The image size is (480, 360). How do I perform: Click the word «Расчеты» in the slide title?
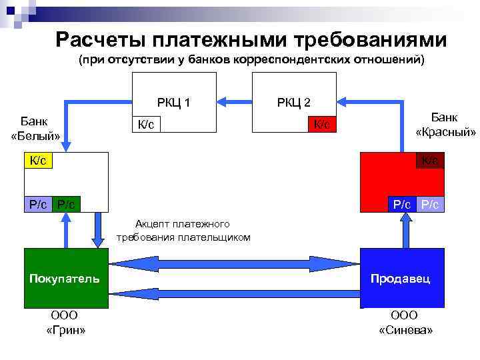[96, 39]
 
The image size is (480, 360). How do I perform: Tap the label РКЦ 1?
[174, 102]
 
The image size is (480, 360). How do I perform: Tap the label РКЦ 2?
[294, 102]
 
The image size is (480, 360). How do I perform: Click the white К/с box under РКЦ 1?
[147, 124]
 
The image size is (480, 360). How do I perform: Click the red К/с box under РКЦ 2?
[322, 124]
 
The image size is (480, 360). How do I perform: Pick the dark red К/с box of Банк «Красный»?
[430, 161]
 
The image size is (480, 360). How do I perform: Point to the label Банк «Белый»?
[35, 129]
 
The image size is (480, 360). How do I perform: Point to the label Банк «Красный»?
[445, 125]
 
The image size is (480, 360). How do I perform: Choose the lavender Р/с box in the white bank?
[37, 204]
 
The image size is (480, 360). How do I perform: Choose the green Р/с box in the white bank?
[66, 204]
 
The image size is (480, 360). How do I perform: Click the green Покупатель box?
[65, 278]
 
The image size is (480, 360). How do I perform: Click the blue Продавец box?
[401, 278]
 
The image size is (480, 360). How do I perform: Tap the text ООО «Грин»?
[65, 323]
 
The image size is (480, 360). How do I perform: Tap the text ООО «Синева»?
[405, 323]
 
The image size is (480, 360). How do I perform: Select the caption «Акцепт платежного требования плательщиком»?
[183, 230]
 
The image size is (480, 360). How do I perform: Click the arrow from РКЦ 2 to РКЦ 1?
[235, 102]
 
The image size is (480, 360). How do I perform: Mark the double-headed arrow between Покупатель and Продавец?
[234, 263]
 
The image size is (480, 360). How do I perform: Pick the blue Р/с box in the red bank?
[401, 204]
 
